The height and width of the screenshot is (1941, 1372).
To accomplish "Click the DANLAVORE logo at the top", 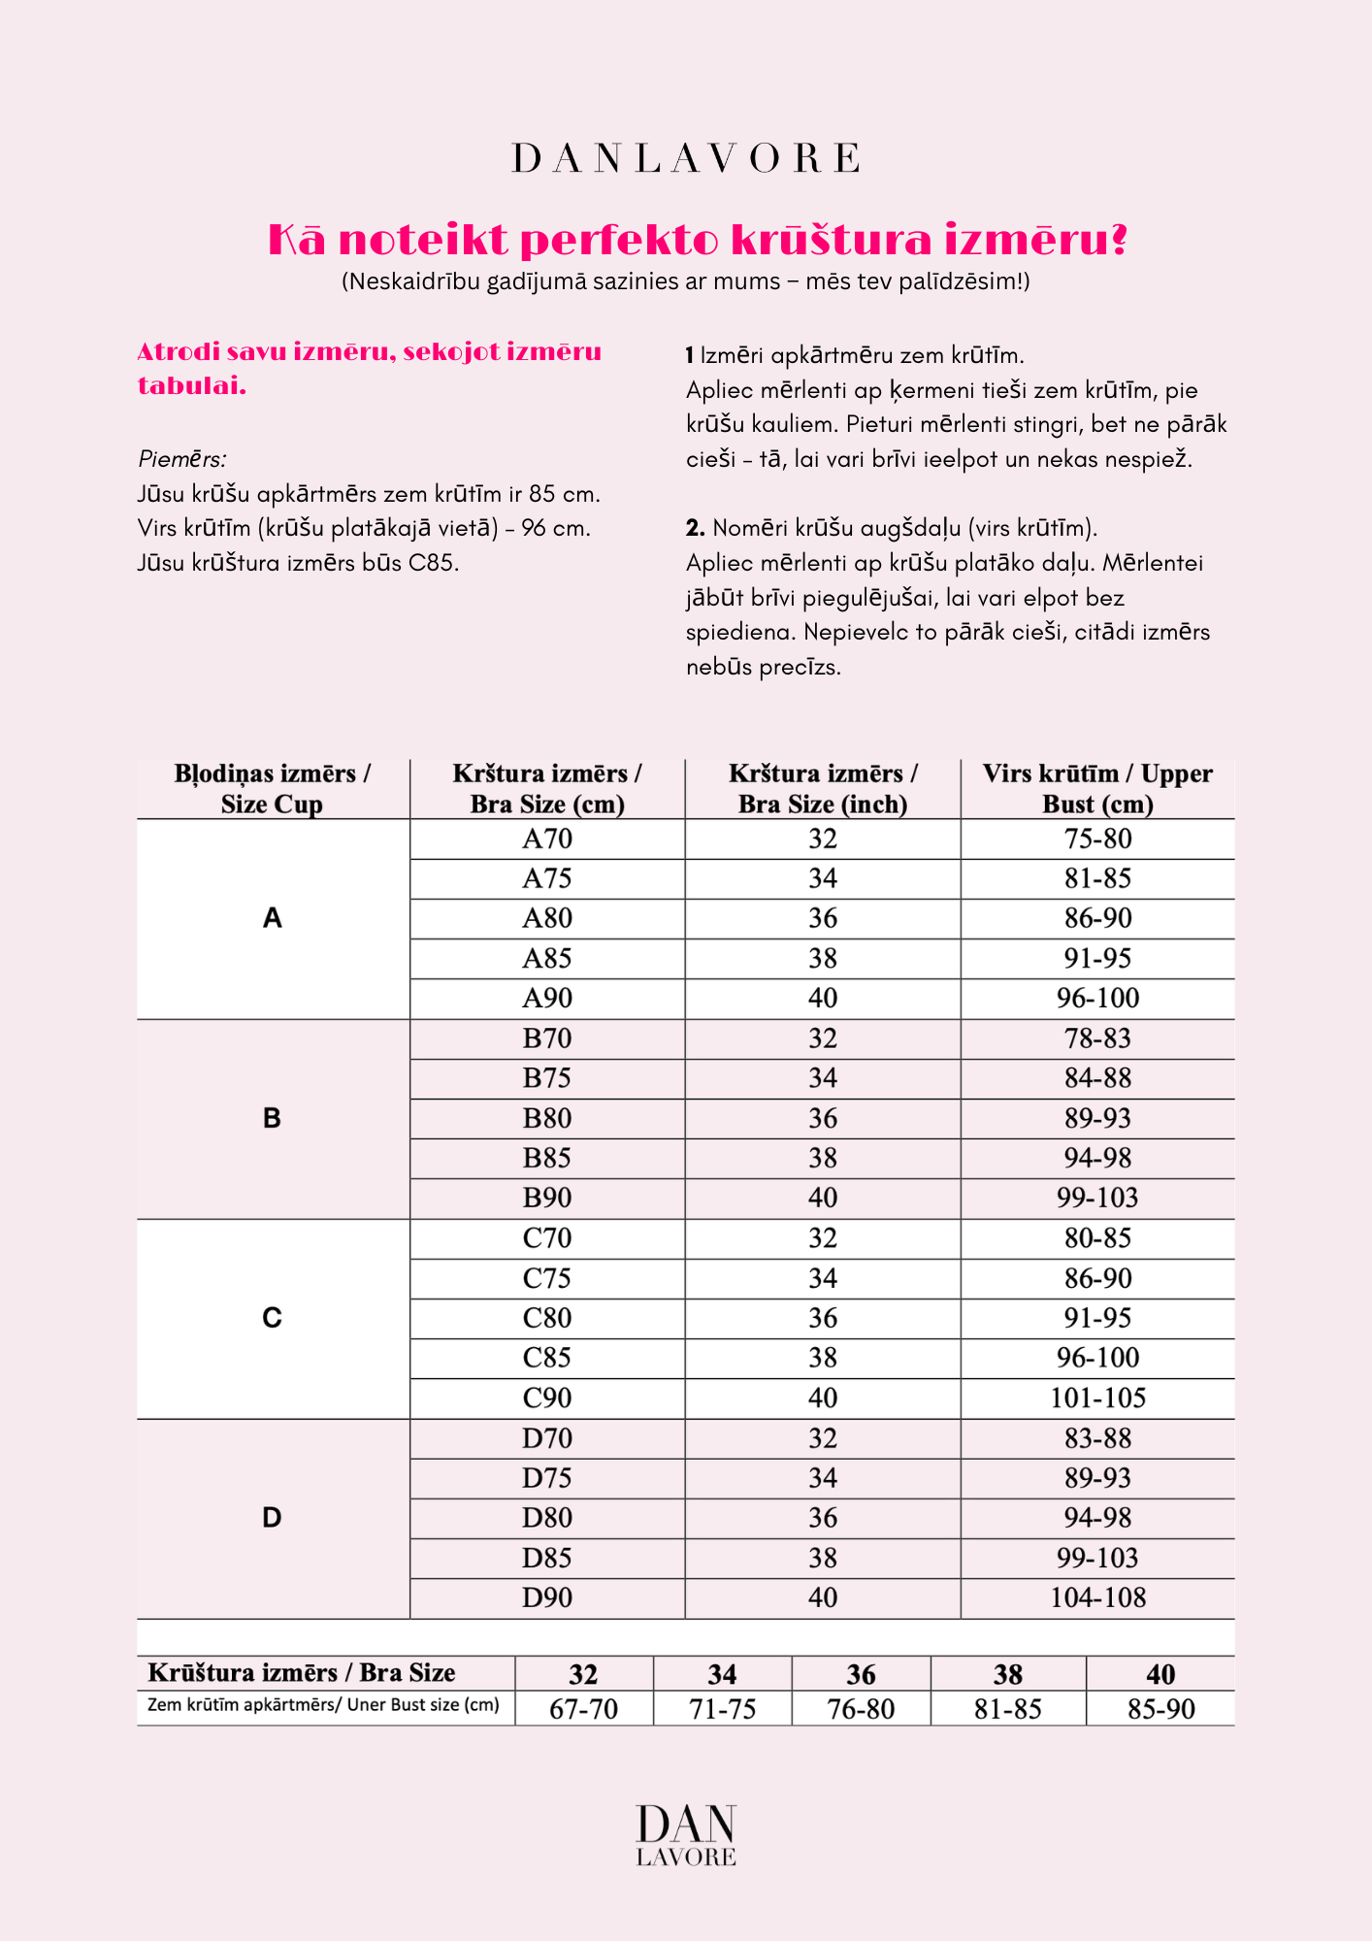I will tap(685, 159).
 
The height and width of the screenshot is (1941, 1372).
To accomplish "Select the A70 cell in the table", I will tap(547, 839).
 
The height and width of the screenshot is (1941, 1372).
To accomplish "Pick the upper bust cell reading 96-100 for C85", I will tap(1097, 1358).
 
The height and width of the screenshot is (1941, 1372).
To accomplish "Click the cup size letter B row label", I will tap(273, 1118).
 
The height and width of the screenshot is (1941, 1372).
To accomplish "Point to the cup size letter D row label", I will tap(273, 1518).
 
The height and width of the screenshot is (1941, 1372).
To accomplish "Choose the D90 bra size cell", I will tap(547, 1597).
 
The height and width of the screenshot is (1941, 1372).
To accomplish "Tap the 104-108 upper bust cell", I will tap(1097, 1597).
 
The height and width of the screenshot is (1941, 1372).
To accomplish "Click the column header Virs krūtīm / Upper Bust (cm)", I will tap(1097, 788).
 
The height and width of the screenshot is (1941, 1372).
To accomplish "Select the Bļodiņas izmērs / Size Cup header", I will tap(273, 788).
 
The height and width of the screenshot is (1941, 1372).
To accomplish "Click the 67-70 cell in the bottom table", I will tap(583, 1709).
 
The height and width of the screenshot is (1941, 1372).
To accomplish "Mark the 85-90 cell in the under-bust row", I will tap(1160, 1709).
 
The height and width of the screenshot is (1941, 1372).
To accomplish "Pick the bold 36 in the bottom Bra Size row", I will tap(861, 1674).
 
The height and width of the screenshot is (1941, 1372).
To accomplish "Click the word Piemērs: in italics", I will tap(182, 459).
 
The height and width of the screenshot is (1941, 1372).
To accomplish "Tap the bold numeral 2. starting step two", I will tap(695, 528).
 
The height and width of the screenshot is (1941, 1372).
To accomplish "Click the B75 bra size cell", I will tap(547, 1078).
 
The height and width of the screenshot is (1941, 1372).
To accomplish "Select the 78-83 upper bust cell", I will tap(1097, 1038).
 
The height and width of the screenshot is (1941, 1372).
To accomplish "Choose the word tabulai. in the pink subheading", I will tap(192, 386).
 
